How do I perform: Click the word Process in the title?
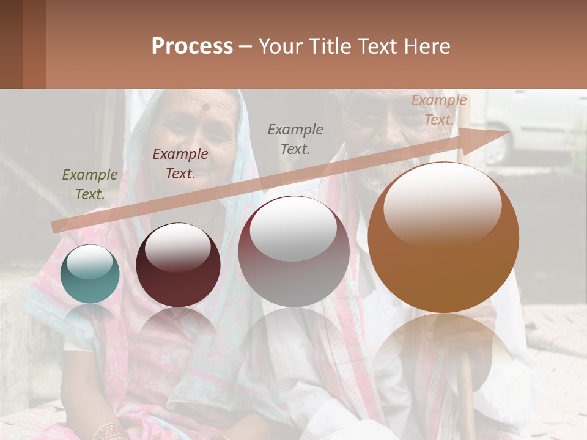click(192, 46)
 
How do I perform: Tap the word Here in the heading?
click(426, 46)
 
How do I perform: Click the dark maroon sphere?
click(178, 265)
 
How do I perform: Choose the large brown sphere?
click(443, 237)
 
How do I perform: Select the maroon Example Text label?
click(180, 164)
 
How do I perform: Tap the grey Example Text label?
click(295, 139)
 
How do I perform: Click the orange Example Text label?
click(439, 110)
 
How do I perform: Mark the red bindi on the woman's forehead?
click(205, 108)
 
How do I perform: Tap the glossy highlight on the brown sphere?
click(442, 202)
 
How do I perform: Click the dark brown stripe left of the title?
click(11, 44)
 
